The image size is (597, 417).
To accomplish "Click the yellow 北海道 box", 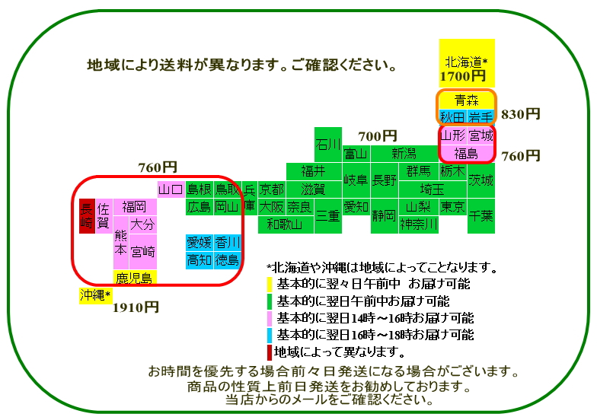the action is [467, 63].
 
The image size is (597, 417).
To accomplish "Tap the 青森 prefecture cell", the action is [466, 100].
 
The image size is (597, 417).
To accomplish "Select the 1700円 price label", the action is [463, 76].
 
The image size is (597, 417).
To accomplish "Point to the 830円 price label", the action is [521, 114].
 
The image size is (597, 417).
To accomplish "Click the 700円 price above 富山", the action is [378, 136].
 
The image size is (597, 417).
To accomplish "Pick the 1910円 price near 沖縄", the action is [136, 307].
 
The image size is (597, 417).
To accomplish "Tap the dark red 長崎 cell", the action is [87, 216].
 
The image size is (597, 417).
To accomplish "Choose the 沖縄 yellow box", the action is [95, 295].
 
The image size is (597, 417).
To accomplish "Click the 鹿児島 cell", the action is [135, 277].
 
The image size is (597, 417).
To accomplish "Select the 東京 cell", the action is [452, 207].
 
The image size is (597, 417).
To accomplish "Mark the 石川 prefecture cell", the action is [327, 145].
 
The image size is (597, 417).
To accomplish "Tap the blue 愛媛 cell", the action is [200, 242].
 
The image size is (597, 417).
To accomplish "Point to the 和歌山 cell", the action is [286, 224].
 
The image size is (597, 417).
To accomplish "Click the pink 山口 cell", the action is [171, 189].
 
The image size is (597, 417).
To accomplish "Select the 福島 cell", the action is [466, 154].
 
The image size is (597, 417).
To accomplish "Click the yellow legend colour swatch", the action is [270, 285].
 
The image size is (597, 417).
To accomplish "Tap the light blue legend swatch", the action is [270, 335].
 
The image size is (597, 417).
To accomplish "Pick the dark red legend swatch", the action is [270, 352].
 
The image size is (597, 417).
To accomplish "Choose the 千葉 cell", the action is [481, 216].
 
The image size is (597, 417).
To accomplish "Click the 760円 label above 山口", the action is [158, 167].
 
